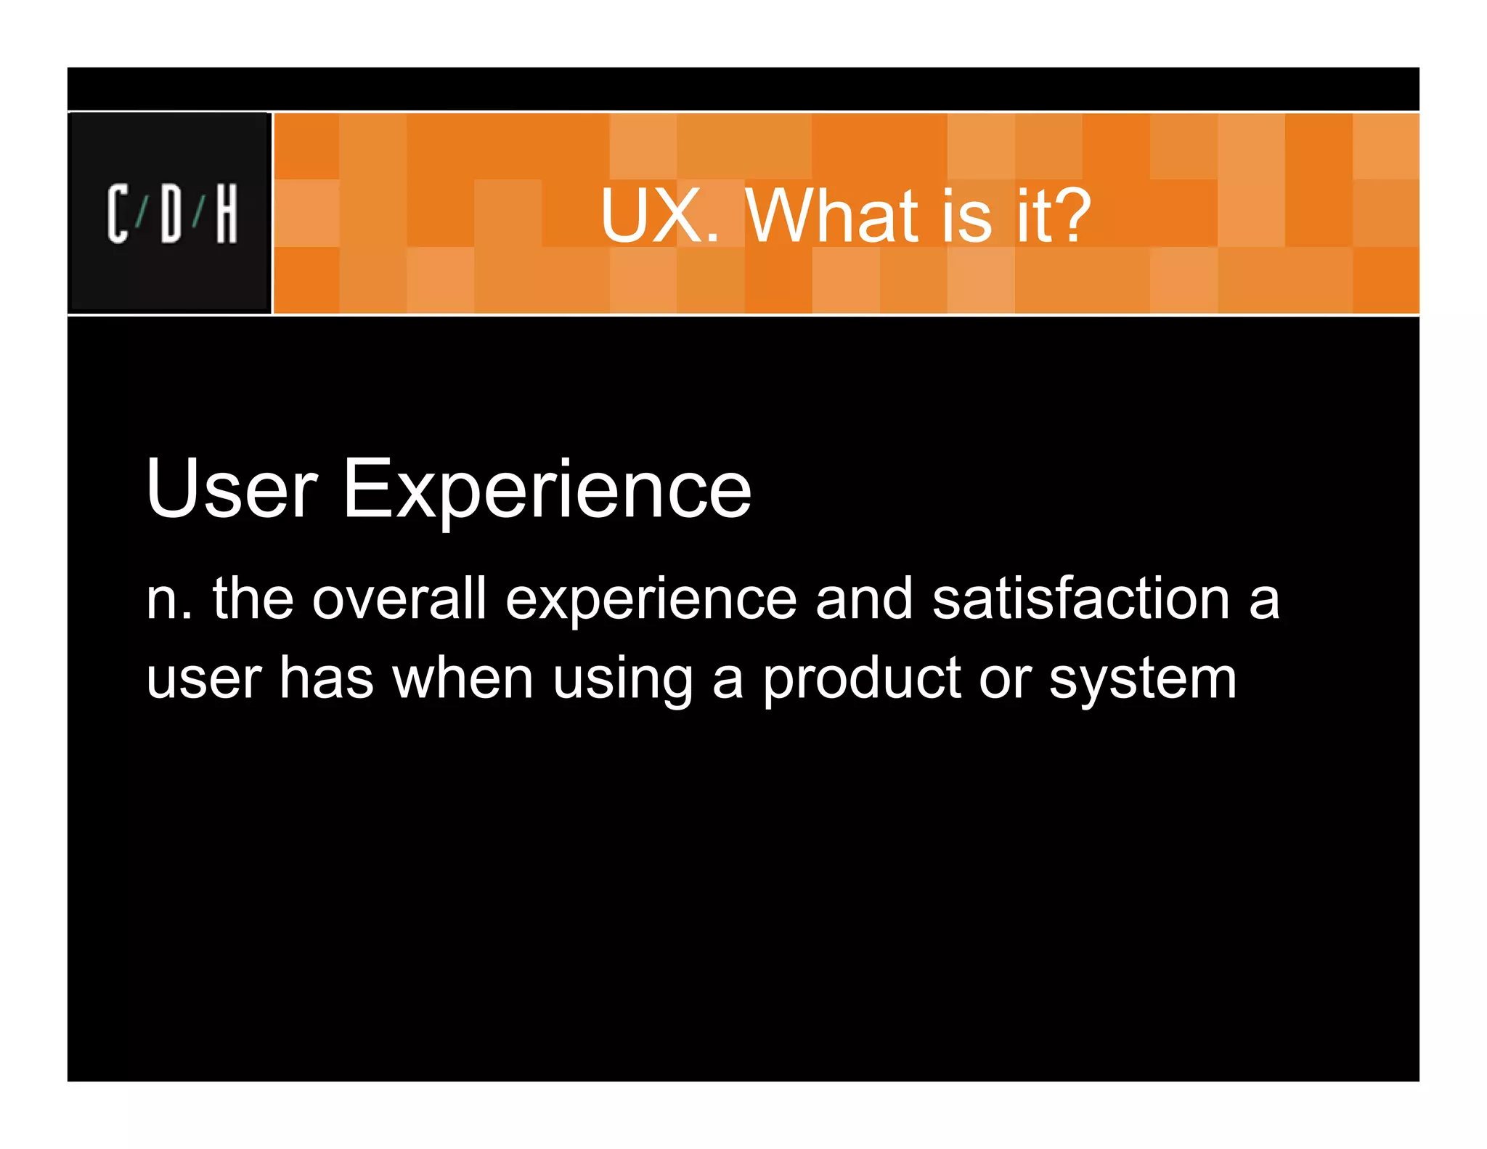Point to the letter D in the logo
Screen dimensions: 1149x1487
pyautogui.click(x=171, y=213)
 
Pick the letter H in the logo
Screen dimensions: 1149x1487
pyautogui.click(x=227, y=213)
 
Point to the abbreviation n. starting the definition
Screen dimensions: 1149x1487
pyautogui.click(x=168, y=600)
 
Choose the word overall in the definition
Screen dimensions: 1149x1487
pyautogui.click(x=399, y=598)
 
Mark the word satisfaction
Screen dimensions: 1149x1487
pyautogui.click(x=1081, y=598)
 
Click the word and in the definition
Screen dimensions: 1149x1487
pyautogui.click(x=863, y=598)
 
